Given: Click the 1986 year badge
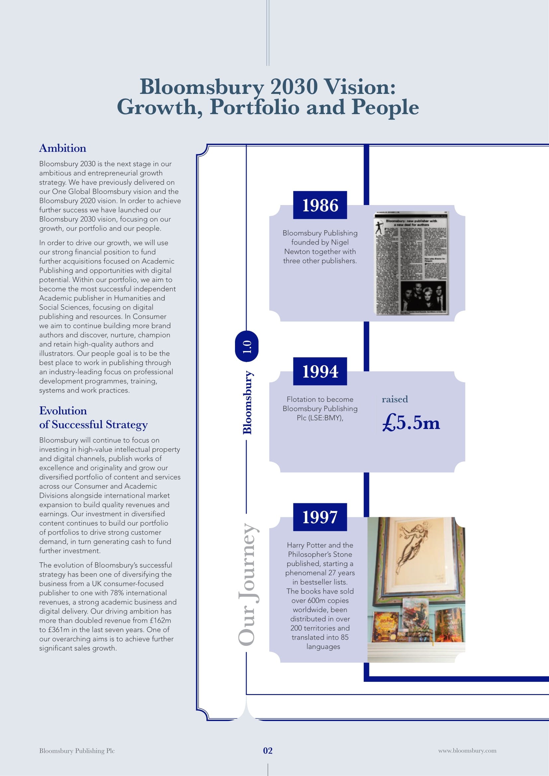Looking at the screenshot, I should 320,205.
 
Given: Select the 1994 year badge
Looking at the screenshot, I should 320,371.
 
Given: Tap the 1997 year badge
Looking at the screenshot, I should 320,517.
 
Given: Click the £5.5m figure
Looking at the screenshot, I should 411,423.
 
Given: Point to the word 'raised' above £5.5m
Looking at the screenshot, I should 395,399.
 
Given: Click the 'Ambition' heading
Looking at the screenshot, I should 62,148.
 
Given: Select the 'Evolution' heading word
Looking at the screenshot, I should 63,411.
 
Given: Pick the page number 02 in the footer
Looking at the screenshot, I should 268,751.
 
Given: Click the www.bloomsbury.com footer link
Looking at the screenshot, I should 467,751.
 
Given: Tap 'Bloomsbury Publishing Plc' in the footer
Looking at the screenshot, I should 77,751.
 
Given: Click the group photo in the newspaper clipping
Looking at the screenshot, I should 423,298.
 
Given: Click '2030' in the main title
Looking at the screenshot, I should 294,87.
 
